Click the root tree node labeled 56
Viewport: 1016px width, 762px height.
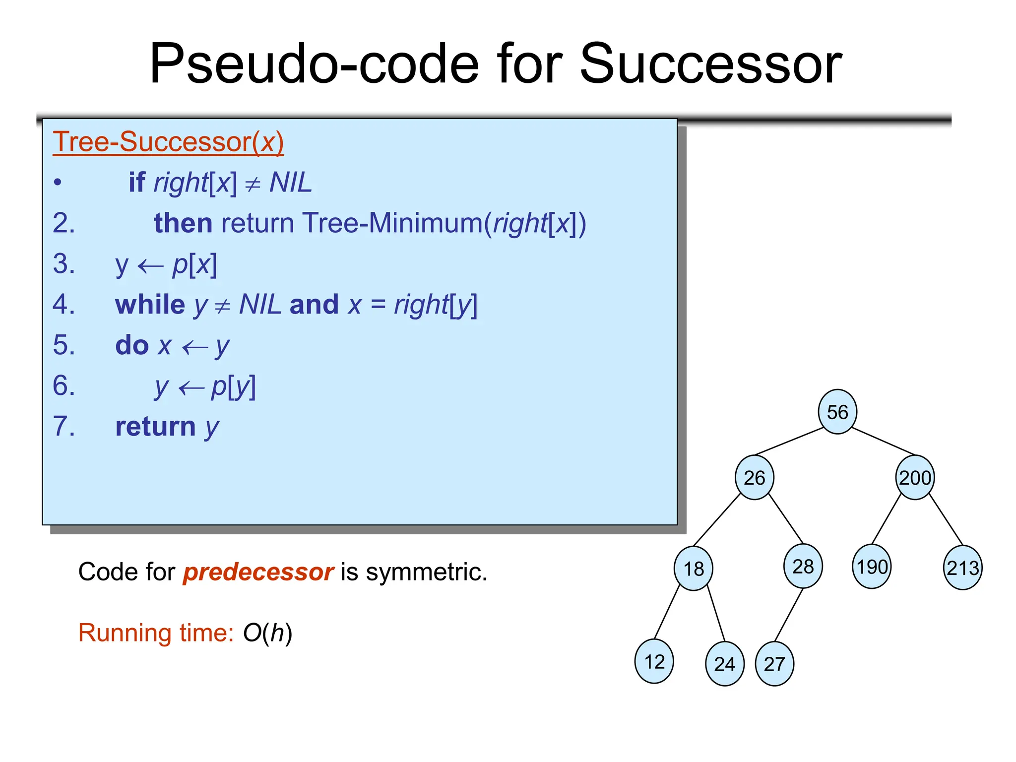(x=837, y=412)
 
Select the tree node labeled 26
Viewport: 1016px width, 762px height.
(x=754, y=477)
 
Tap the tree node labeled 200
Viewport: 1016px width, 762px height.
(x=915, y=477)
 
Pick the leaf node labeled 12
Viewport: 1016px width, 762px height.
(x=654, y=661)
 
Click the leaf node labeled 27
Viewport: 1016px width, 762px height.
(x=774, y=664)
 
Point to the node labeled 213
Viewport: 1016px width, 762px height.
(x=962, y=568)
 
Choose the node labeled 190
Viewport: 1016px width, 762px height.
(x=872, y=567)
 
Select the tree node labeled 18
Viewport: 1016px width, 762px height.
(x=693, y=568)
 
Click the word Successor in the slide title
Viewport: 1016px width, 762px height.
(x=710, y=63)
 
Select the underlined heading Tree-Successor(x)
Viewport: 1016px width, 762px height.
(x=168, y=142)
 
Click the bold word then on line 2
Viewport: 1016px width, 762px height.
(x=183, y=223)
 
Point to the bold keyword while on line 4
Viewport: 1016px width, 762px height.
(x=150, y=305)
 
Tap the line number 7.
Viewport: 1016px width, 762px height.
(x=63, y=426)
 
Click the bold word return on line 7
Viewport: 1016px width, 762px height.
(x=155, y=427)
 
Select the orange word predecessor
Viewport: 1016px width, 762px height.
(x=258, y=572)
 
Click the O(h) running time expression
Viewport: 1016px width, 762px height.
(x=267, y=633)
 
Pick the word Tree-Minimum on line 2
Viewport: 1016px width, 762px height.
(x=392, y=223)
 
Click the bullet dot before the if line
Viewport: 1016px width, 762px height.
(x=58, y=183)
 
